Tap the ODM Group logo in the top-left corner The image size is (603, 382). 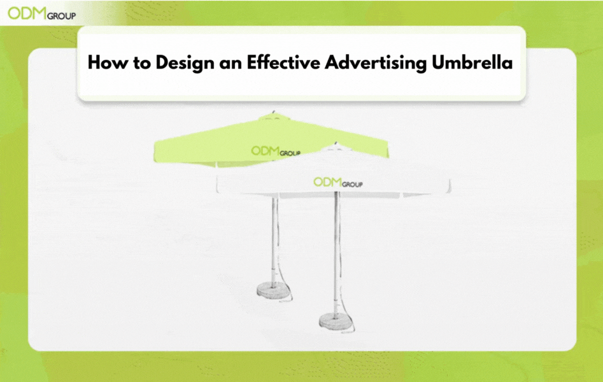click(41, 14)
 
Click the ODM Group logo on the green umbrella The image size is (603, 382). click(275, 152)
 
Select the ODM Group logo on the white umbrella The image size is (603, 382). click(337, 183)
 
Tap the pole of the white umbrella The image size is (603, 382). click(336, 255)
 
